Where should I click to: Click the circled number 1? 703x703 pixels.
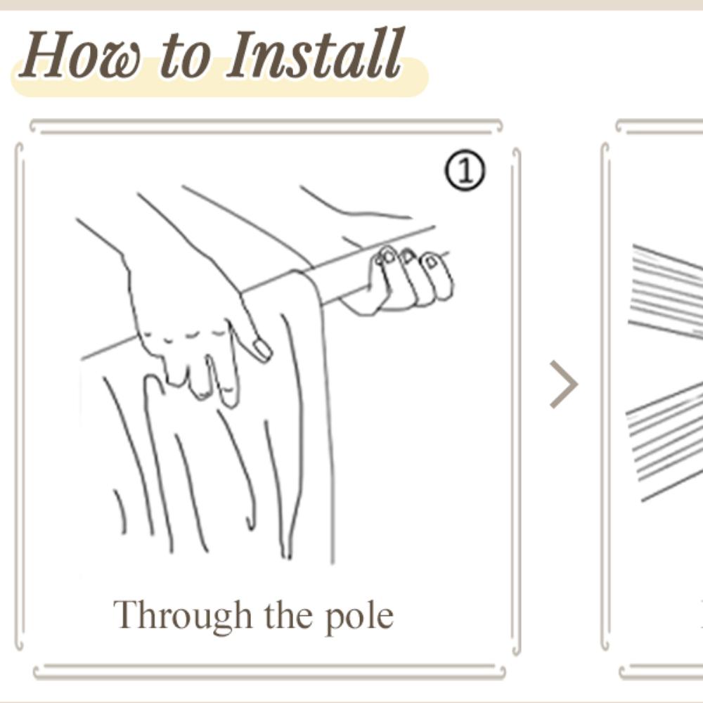pos(465,170)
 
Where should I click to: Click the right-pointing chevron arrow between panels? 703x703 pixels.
pos(564,385)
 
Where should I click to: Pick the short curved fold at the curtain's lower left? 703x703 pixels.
pos(120,511)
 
